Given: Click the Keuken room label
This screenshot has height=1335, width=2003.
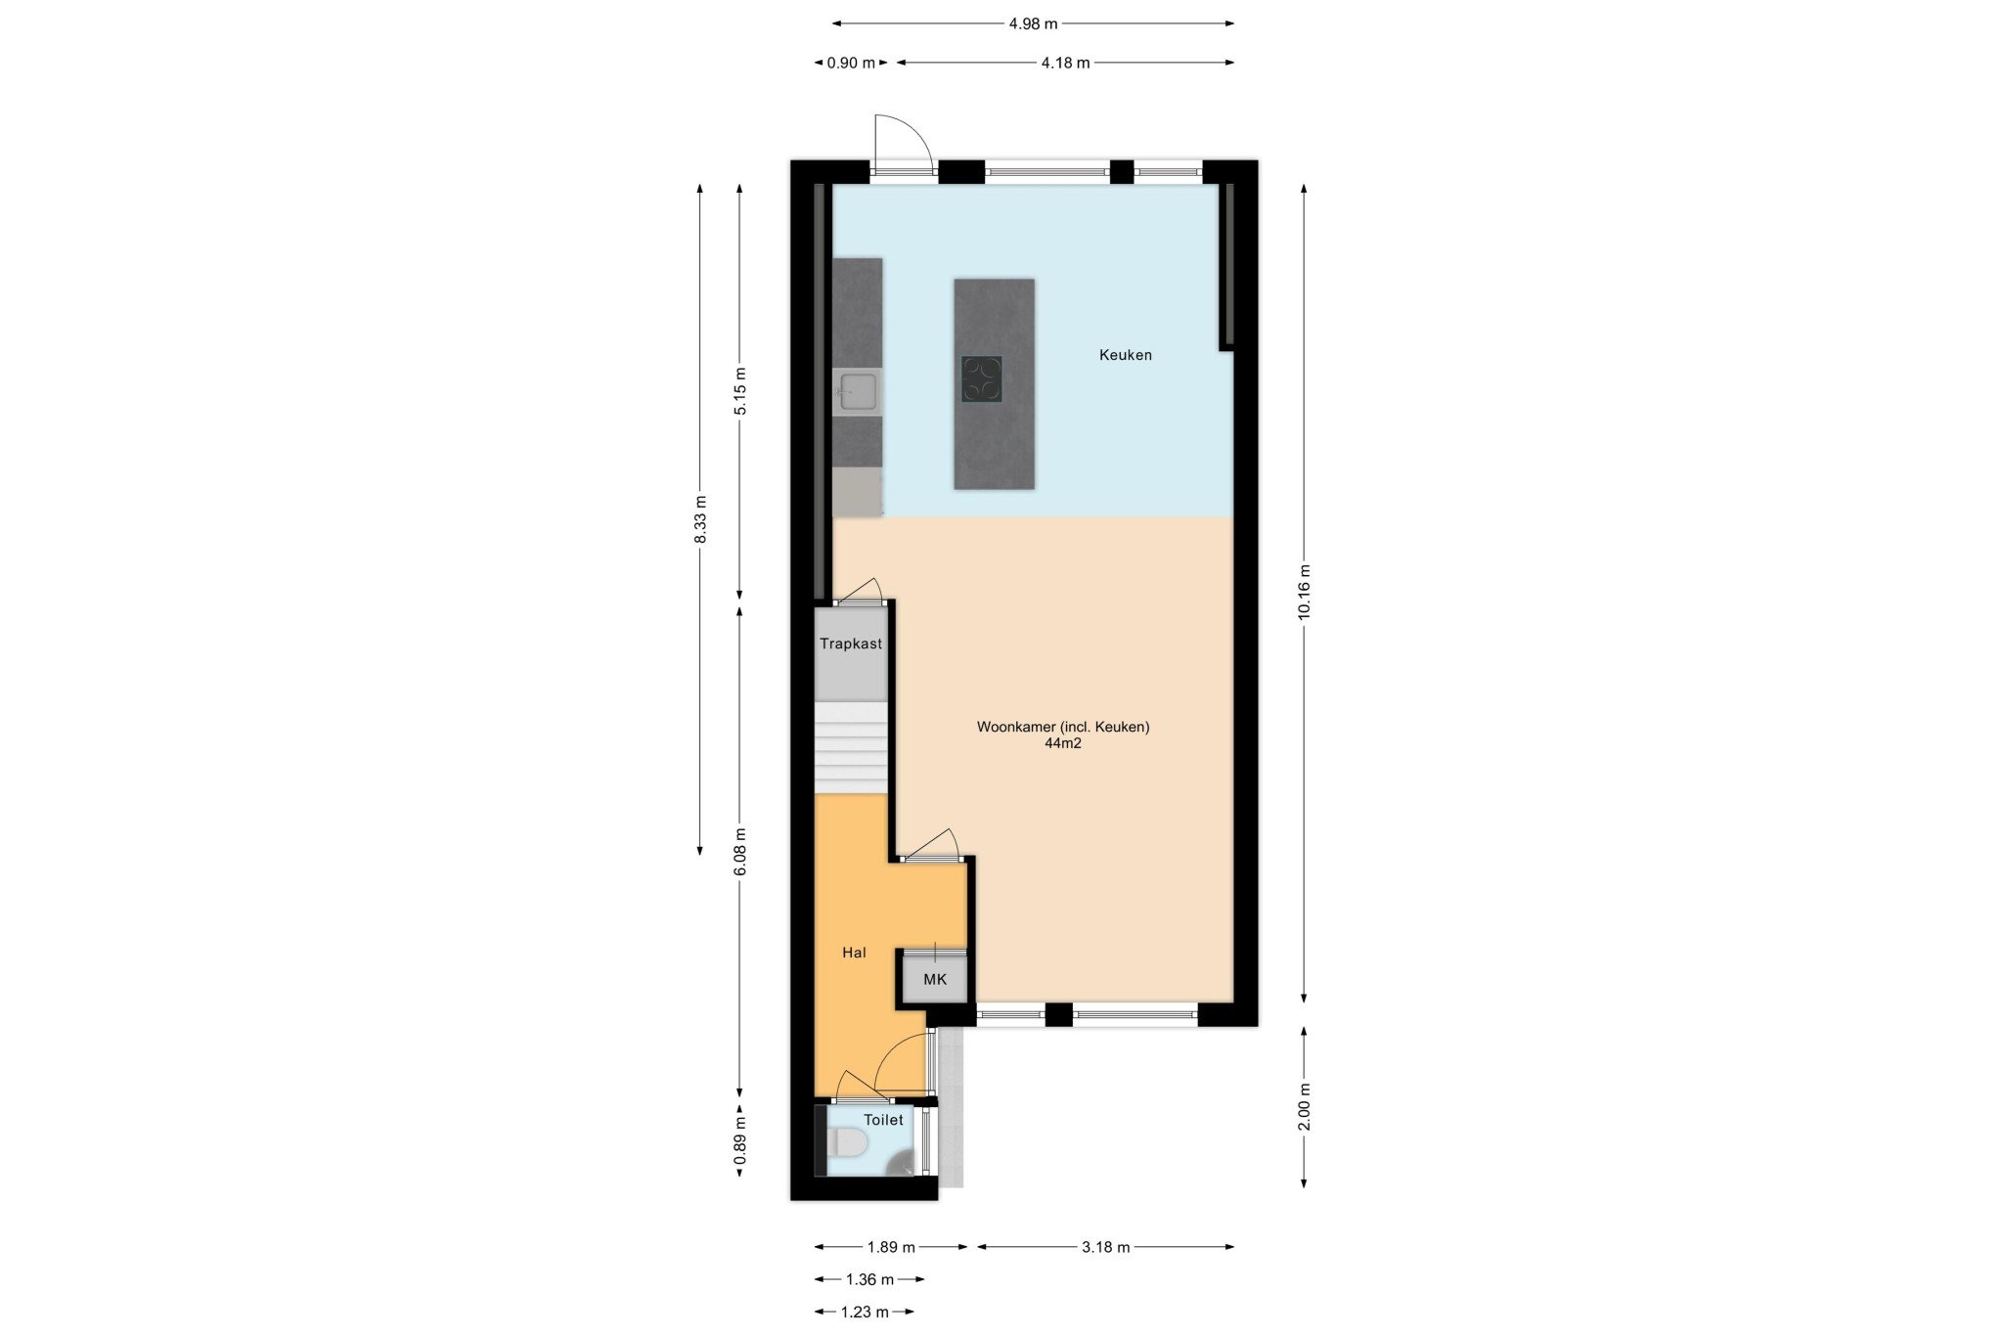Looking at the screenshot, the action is click(x=1125, y=355).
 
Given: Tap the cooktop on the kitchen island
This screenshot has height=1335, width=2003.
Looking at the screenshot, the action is click(x=981, y=379).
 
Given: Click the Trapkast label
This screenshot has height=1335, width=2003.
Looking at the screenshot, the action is click(x=851, y=644).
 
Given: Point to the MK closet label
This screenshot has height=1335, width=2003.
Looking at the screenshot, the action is click(x=935, y=979).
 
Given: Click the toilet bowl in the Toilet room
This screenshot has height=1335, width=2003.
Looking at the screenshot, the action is click(x=847, y=1142).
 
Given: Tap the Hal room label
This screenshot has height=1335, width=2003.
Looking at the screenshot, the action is click(x=854, y=953).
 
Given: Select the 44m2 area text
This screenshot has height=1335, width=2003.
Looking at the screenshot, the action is click(x=1063, y=743).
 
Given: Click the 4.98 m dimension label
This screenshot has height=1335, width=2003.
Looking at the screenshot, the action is click(x=1033, y=23).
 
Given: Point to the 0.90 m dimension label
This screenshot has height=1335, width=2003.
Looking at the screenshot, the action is click(x=851, y=63).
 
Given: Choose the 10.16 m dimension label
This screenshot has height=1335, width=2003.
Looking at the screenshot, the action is click(x=1304, y=592).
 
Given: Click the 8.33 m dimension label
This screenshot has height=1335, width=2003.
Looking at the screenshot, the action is click(x=700, y=519).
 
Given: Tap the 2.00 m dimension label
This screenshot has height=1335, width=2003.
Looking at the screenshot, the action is click(x=1304, y=1106).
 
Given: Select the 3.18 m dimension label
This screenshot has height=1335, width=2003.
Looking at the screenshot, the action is click(x=1105, y=1247).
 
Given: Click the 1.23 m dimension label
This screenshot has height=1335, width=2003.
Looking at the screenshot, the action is click(x=865, y=1312).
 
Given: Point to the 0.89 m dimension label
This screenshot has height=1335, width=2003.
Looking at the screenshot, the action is click(x=740, y=1141).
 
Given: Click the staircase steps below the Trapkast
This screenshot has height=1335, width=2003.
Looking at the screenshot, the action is click(x=851, y=747).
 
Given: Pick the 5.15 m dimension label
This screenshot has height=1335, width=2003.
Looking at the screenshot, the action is click(x=740, y=391).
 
